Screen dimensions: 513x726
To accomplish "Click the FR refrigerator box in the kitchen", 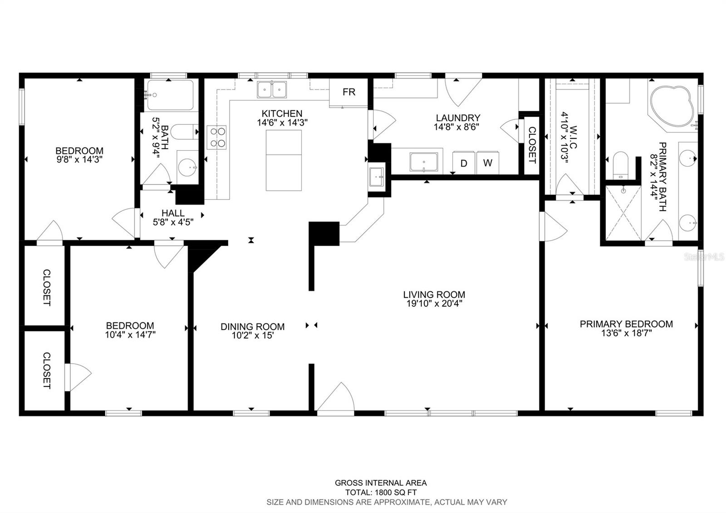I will tap(348, 93).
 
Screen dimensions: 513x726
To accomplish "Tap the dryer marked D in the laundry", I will tap(463, 163).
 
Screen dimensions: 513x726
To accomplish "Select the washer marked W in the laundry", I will tap(488, 163).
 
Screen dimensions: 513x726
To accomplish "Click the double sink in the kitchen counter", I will tap(272, 89).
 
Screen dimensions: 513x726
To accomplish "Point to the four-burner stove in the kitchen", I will tap(216, 138).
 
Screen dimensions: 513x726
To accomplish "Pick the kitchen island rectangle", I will tap(284, 160).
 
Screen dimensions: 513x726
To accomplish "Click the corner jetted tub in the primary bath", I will tap(672, 107).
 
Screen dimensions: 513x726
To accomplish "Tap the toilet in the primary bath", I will tap(620, 165).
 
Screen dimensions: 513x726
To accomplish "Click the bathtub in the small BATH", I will tap(170, 95).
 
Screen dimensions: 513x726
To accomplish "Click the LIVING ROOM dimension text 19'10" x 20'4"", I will tap(434, 304).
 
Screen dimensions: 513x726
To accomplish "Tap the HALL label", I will tap(173, 213).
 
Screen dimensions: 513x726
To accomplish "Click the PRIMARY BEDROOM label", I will tap(626, 324).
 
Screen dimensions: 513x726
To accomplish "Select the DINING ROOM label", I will tap(252, 326).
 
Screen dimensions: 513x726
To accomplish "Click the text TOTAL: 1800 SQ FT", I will tap(381, 492).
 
